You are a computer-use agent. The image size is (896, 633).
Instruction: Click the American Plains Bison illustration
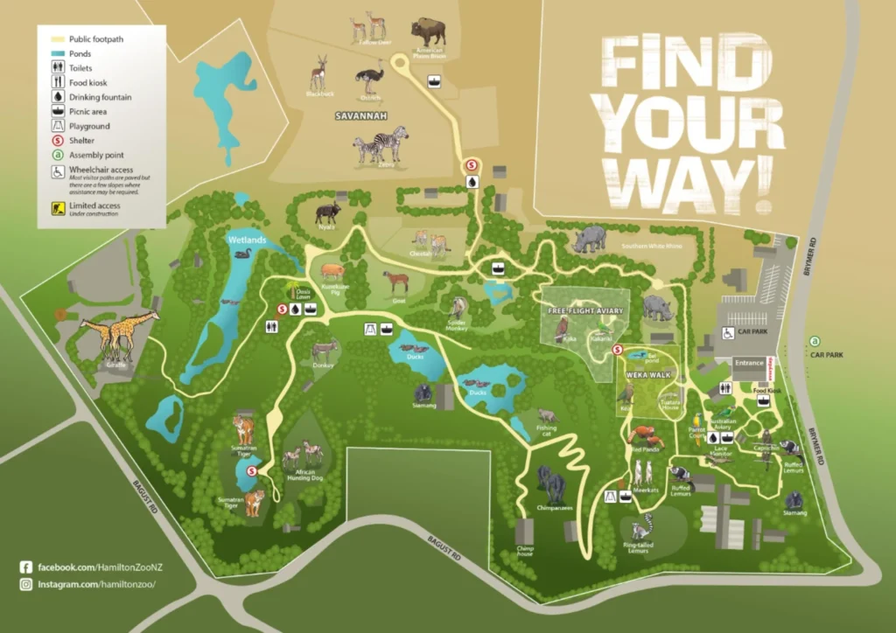tap(428, 31)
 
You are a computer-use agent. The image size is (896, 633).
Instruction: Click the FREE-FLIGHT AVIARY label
tap(585, 310)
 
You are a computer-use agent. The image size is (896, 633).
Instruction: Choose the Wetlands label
tap(246, 239)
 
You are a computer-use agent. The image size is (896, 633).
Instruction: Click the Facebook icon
tap(25, 567)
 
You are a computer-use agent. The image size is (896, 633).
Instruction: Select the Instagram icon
tap(25, 584)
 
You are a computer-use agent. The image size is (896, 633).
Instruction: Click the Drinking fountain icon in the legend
tap(57, 97)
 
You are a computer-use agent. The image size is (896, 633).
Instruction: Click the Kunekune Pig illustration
tap(333, 270)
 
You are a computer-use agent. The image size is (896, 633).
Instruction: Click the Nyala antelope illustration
tap(328, 212)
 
